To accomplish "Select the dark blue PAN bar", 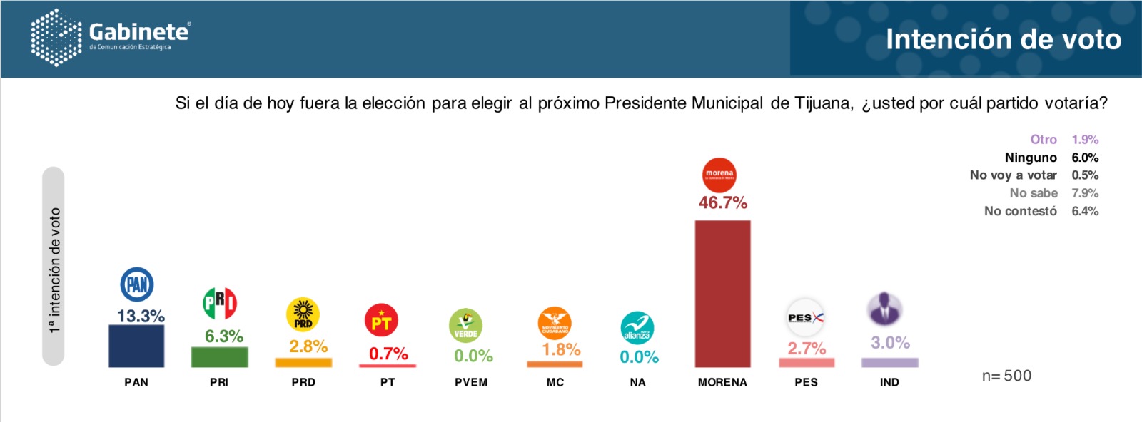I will (x=136, y=346).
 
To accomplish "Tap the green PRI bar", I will (x=219, y=356).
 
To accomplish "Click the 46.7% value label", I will (x=722, y=203).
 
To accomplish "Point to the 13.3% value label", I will (x=141, y=316).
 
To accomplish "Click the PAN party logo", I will (x=136, y=284).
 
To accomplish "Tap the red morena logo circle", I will (x=719, y=175).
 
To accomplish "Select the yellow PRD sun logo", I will (x=303, y=314).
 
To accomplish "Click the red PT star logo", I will (x=381, y=321).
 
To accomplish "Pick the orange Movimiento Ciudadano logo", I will (x=555, y=324).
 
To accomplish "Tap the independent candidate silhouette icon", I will (x=885, y=309).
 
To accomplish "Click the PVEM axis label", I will (x=471, y=382).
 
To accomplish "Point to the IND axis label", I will (x=889, y=382).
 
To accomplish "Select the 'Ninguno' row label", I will (x=1031, y=158).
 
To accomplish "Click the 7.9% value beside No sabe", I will (x=1085, y=193).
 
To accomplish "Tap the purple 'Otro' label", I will (x=1044, y=140).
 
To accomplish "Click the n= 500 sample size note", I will (x=1006, y=376).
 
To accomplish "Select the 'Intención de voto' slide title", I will (x=1004, y=39).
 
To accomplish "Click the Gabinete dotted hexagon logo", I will (x=56, y=38).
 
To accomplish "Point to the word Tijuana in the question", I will (x=825, y=103).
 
